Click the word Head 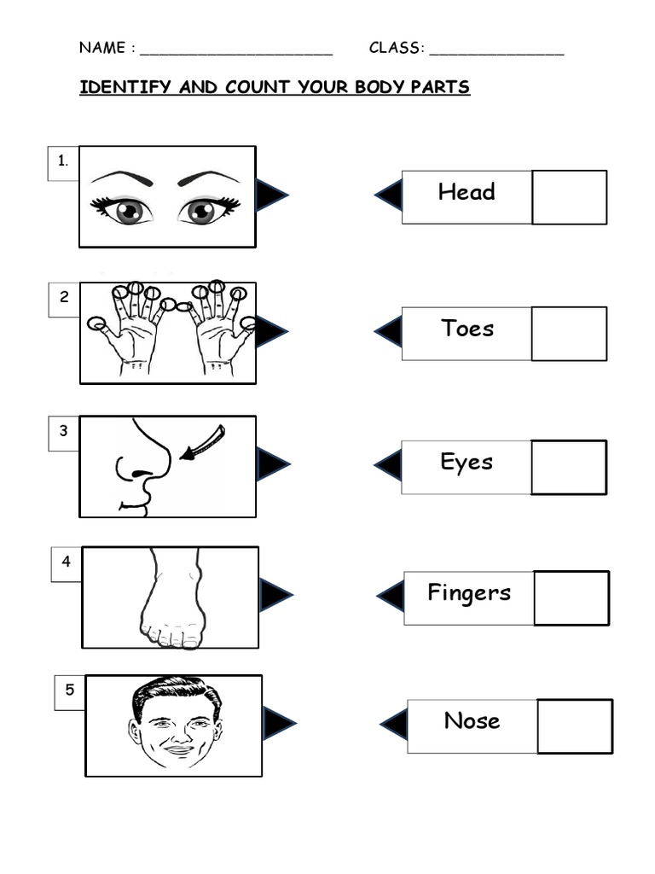(x=466, y=192)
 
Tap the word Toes (x=467, y=329)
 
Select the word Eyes (x=467, y=463)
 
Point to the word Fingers (x=469, y=592)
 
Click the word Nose (x=472, y=721)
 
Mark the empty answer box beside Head (x=569, y=197)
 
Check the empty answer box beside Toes (x=569, y=334)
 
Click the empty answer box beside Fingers (x=571, y=597)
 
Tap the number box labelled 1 (x=63, y=163)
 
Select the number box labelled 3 (x=63, y=432)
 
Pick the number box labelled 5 (x=70, y=692)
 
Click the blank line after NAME (x=235, y=50)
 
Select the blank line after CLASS (x=496, y=50)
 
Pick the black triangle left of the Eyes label (x=389, y=466)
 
